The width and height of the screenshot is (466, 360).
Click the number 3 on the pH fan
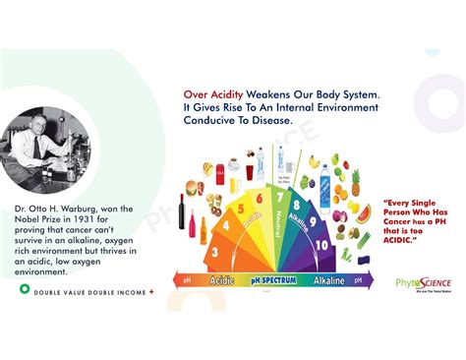pyautogui.click(x=215, y=252)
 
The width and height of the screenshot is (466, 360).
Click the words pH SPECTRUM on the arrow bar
pyautogui.click(x=272, y=280)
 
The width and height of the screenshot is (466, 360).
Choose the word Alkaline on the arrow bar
pyautogui.click(x=328, y=280)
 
